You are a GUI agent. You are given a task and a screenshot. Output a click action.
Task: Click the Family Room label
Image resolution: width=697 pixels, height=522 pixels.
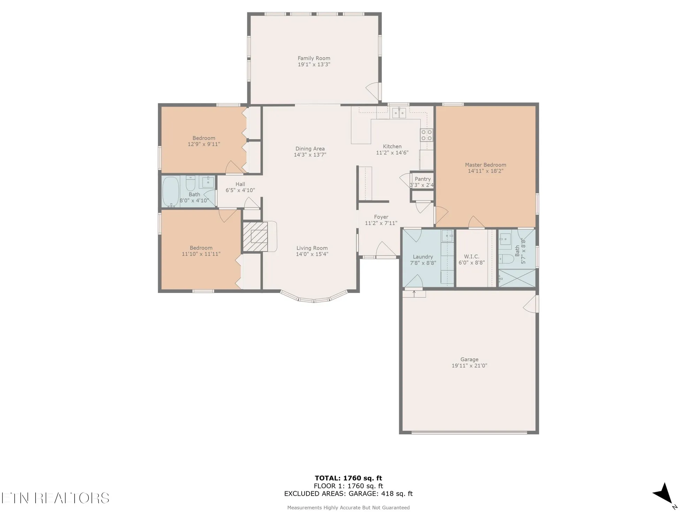[x=314, y=58]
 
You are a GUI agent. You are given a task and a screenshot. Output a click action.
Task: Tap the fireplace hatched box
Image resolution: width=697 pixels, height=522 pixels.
[x=255, y=237]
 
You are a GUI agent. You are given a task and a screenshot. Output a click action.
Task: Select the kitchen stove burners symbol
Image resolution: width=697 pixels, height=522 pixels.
[x=427, y=135]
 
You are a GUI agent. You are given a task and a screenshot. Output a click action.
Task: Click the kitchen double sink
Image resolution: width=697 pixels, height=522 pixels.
[x=399, y=113]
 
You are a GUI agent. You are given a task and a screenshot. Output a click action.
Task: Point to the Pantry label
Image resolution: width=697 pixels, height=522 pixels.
[x=422, y=179]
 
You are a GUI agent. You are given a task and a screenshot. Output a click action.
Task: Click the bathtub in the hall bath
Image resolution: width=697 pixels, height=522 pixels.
[x=171, y=192]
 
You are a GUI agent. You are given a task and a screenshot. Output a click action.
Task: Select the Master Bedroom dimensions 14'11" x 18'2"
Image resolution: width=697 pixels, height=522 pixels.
[x=485, y=171]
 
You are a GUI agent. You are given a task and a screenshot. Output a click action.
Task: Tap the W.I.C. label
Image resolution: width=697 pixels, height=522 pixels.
[x=471, y=256]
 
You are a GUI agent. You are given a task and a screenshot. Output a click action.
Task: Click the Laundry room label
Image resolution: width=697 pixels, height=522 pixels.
[x=423, y=257]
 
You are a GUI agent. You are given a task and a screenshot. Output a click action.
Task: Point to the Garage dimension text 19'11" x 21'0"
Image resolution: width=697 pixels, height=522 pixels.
[x=469, y=366]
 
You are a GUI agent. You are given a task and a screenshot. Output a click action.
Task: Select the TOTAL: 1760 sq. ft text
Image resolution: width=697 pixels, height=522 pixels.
[x=348, y=478]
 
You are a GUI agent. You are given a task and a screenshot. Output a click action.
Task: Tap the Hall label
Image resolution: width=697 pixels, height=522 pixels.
[x=240, y=184]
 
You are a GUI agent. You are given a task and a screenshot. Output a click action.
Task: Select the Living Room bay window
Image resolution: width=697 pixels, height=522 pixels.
[x=314, y=299]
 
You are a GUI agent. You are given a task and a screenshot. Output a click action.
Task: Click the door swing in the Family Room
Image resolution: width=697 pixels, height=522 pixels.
[x=373, y=92]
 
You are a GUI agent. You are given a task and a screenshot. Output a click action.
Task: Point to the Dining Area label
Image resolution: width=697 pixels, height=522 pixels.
[x=310, y=149]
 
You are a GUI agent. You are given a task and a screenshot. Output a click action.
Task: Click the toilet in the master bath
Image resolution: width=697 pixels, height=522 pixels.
[x=506, y=259]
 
